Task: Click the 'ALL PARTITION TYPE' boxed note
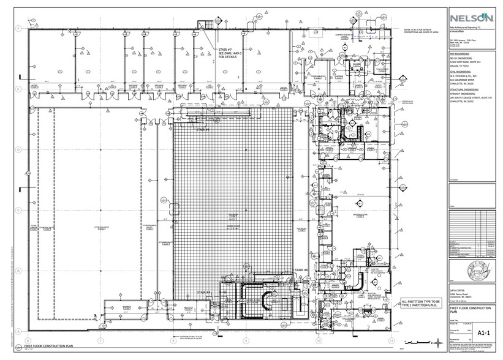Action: (x=422, y=304)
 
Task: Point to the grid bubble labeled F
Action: (x=20, y=28)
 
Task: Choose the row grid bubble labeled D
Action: (x=20, y=149)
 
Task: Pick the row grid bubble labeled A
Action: (x=20, y=330)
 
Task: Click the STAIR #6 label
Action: (x=300, y=270)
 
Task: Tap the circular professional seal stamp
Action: (x=467, y=268)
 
